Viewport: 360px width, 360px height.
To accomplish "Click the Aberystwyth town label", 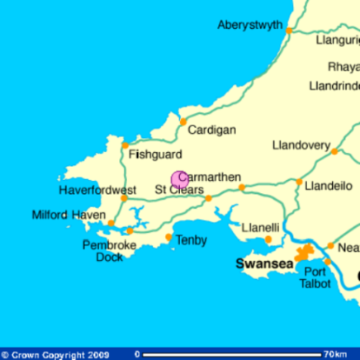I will point(249,25).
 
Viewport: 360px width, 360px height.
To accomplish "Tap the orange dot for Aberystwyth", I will point(289,31).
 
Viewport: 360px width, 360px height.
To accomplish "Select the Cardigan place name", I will point(211,130).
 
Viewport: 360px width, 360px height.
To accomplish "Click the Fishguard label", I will point(155,154).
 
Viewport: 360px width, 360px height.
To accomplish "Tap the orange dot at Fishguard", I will point(126,145).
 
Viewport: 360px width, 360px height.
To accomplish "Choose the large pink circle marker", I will point(179,178).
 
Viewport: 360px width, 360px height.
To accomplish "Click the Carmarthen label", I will point(210,177).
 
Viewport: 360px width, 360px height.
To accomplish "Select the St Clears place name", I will point(179,190).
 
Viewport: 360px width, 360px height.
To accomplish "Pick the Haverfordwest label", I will point(97,190).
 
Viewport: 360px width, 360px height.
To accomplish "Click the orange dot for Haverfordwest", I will point(124,198).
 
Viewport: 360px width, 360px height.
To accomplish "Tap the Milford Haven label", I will point(69,215).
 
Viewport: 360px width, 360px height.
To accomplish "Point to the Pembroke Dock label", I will point(109,251).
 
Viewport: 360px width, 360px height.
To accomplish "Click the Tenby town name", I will point(192,240).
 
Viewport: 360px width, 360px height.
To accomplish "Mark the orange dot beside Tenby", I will point(169,238).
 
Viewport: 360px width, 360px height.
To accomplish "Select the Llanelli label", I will point(260,227).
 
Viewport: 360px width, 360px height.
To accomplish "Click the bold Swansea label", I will point(264,263).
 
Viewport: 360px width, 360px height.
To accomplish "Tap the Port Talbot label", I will point(315,277).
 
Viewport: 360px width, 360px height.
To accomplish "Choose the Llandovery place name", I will point(301,145).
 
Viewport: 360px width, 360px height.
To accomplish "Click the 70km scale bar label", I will point(334,354).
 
